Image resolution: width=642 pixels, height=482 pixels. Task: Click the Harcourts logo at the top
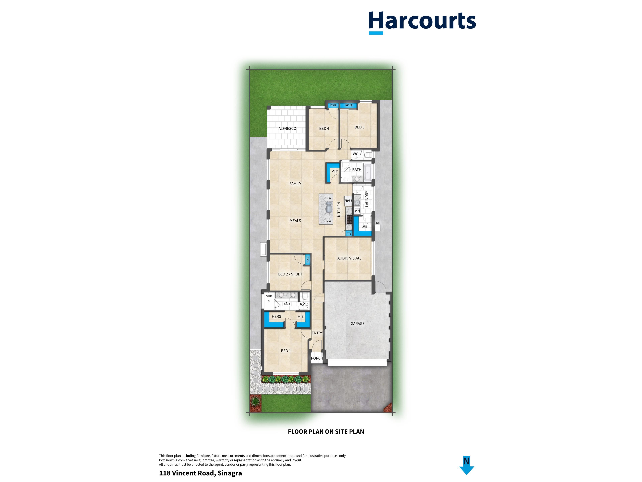(422, 22)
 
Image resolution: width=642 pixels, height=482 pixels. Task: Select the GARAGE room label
(357, 323)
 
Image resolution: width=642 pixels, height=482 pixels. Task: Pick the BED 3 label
(359, 127)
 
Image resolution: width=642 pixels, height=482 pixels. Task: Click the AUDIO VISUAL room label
(349, 258)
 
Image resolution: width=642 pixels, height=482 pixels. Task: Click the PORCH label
(317, 358)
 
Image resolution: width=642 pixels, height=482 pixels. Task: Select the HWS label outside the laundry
(378, 223)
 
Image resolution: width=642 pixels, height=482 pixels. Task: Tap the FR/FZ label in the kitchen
(348, 200)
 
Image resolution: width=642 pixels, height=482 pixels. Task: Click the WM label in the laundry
(357, 211)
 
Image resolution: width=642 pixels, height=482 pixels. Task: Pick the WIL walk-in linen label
(364, 227)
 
